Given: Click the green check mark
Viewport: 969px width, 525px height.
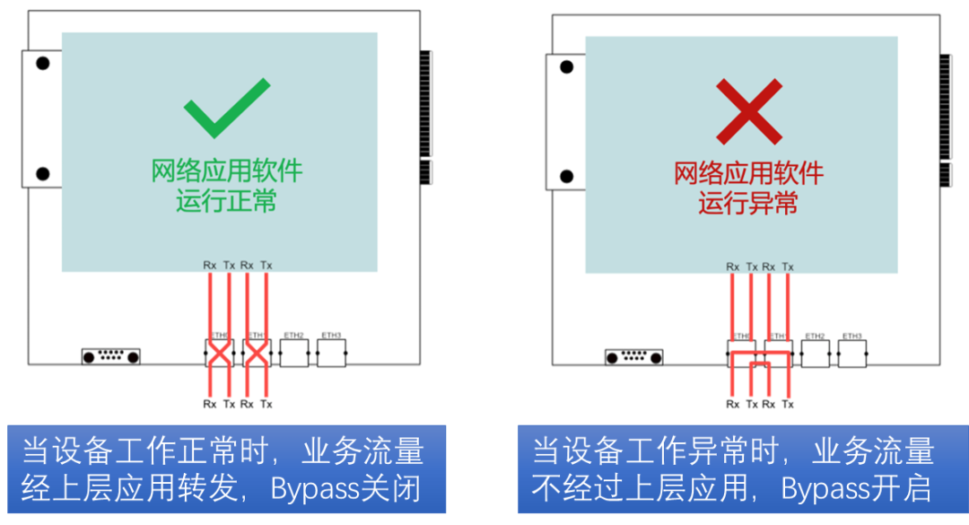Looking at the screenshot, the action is (x=226, y=108).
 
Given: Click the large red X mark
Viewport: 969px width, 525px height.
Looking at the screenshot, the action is (x=749, y=110).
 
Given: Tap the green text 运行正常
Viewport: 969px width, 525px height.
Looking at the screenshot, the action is (x=226, y=200).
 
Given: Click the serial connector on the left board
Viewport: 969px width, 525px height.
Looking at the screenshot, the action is (x=111, y=356).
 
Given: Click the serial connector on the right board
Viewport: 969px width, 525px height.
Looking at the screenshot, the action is (x=633, y=357).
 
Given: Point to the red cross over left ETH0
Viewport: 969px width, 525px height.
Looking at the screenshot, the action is (x=219, y=353).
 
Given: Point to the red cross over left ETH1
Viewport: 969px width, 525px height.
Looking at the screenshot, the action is (x=257, y=353).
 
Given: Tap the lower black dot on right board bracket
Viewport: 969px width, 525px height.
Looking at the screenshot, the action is (x=565, y=176).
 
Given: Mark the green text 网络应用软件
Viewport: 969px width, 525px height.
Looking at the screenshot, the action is (x=226, y=170).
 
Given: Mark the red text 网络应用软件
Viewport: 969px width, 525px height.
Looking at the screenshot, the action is (x=748, y=172).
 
